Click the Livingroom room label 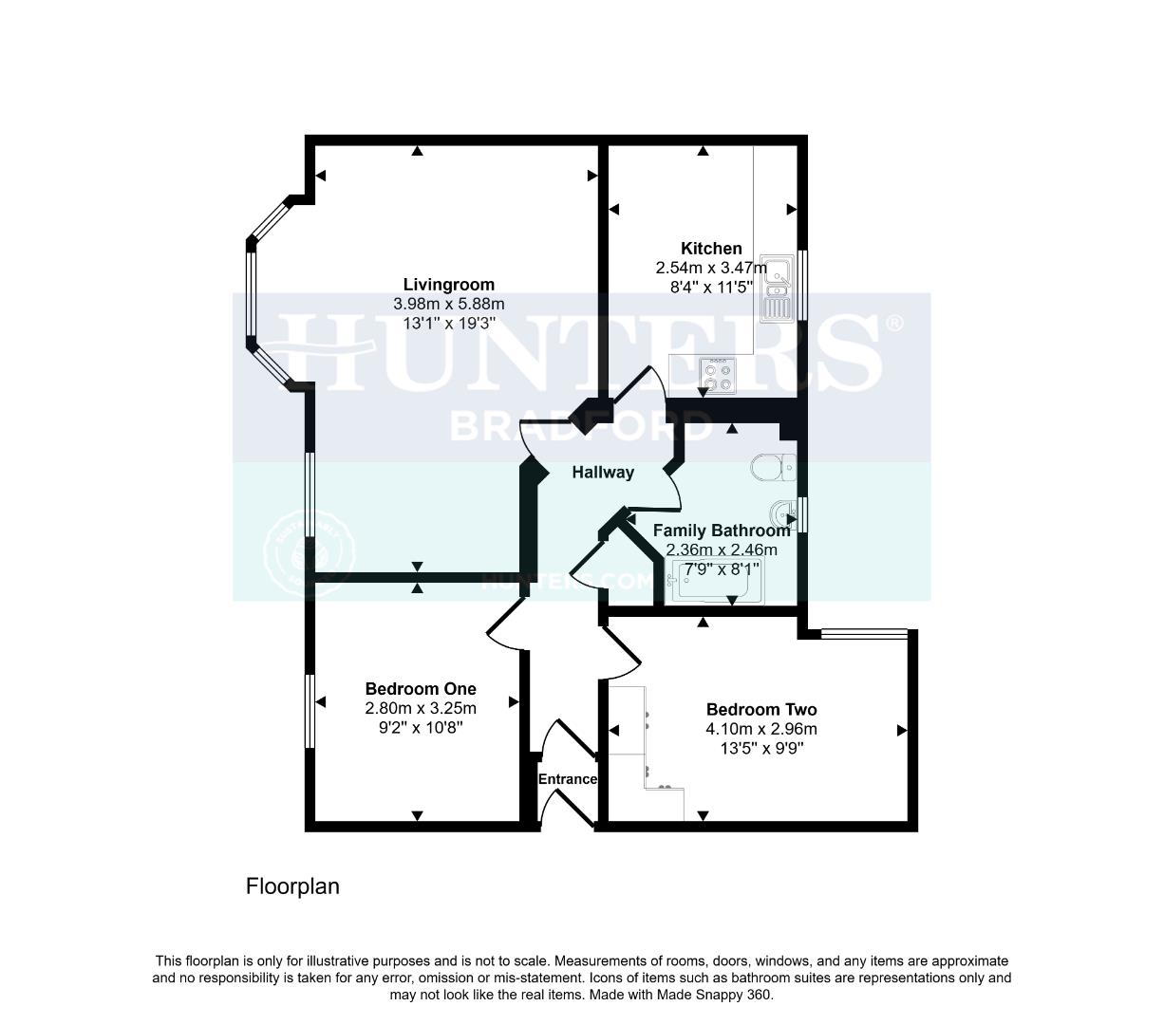point(448,285)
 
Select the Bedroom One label point(421,689)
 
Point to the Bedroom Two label point(760,710)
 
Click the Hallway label point(602,472)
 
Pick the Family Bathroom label point(722,531)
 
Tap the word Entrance point(568,779)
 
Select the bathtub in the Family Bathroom point(717,582)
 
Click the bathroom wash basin point(785,513)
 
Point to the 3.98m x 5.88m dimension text point(448,304)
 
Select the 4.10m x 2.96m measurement point(760,729)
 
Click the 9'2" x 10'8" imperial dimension point(421,727)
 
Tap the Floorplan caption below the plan point(292,886)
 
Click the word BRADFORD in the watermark point(580,425)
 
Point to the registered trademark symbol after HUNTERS point(893,324)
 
